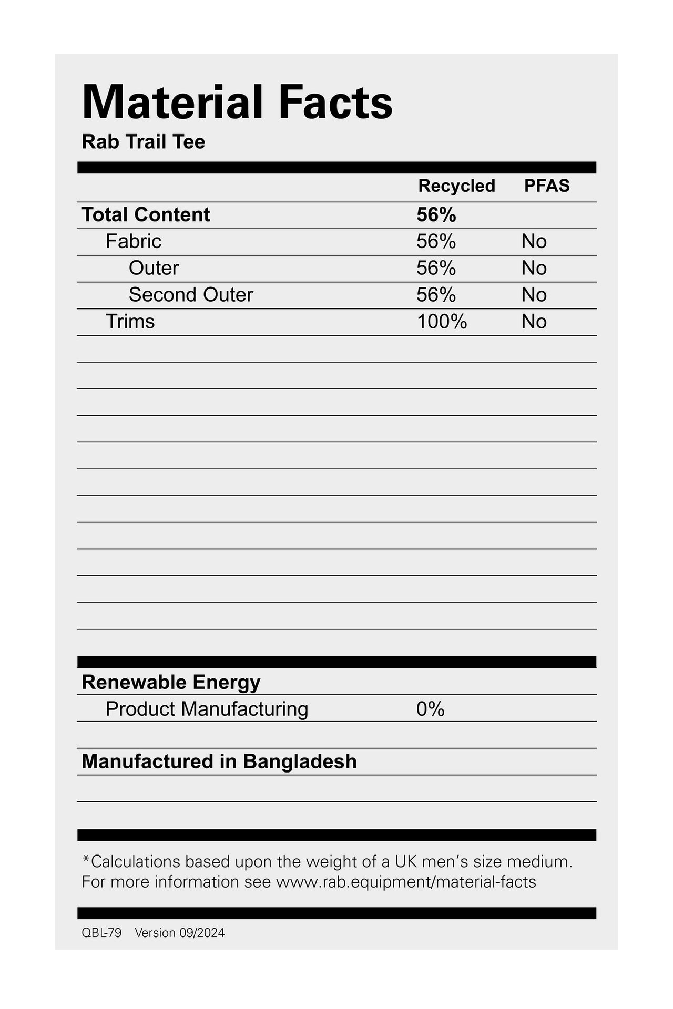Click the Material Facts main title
click(237, 102)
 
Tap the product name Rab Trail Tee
click(144, 142)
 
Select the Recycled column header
click(456, 186)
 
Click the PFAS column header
click(547, 186)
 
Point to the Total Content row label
click(146, 215)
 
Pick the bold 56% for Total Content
click(436, 215)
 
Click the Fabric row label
click(134, 242)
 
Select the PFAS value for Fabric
click(534, 242)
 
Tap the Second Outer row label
click(191, 295)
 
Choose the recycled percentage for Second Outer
click(436, 295)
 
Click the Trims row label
click(130, 322)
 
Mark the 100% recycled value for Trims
click(442, 322)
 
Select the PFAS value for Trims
click(534, 322)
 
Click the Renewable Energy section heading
click(171, 682)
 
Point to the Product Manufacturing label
click(207, 709)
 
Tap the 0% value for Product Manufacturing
click(431, 709)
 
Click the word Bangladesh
click(300, 761)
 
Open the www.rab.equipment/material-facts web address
click(406, 882)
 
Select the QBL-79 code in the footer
click(101, 933)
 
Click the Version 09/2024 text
click(180, 933)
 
